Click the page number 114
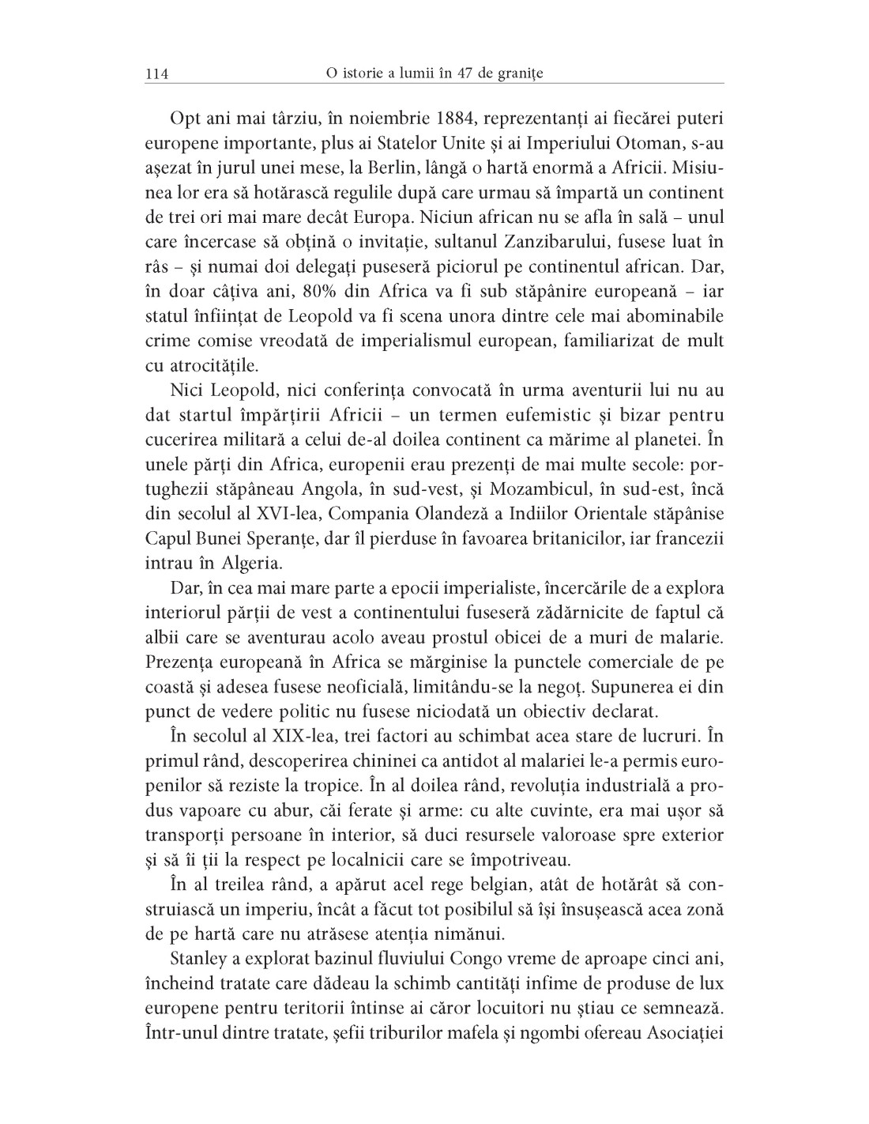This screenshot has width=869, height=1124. pyautogui.click(x=156, y=74)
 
